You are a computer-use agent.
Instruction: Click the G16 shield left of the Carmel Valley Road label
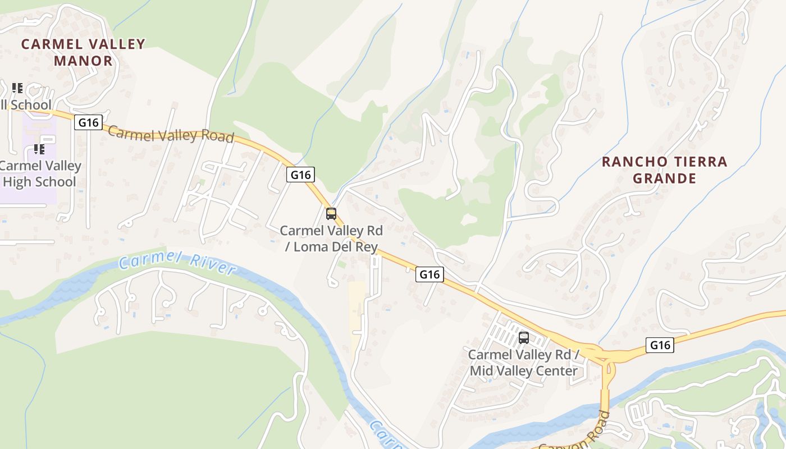pos(88,122)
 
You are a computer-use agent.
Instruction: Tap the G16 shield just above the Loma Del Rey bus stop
pos(300,175)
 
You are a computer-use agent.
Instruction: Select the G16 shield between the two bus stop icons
pos(429,274)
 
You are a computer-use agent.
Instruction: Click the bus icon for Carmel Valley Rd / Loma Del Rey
pos(331,214)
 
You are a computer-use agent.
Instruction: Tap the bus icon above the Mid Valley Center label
pos(524,338)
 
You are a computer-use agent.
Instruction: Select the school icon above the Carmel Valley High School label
pos(39,149)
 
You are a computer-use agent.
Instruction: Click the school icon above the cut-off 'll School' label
pos(17,88)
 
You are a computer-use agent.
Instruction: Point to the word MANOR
pos(83,61)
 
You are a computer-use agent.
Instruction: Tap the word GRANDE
pos(665,179)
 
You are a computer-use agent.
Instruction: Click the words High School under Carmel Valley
pos(39,182)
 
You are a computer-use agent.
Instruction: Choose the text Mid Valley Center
pos(524,371)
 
